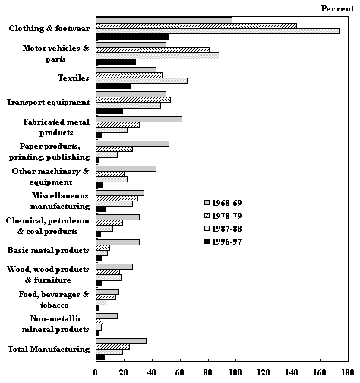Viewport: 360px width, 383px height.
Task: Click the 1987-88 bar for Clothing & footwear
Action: click(x=218, y=31)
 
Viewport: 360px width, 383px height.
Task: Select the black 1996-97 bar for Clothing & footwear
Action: click(x=133, y=36)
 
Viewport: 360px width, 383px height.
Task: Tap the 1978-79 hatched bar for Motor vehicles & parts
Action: click(x=153, y=50)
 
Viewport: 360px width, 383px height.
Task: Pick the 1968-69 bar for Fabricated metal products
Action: click(x=139, y=119)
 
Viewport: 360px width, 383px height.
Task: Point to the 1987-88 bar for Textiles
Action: click(x=142, y=81)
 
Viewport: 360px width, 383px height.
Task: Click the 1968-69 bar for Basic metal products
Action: click(x=118, y=242)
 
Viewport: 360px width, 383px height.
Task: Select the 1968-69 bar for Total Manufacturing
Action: click(x=121, y=341)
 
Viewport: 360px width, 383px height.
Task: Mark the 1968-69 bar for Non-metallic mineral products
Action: click(x=106, y=316)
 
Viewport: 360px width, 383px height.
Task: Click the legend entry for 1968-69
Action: click(x=223, y=203)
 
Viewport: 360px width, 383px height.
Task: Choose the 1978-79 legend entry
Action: click(x=223, y=216)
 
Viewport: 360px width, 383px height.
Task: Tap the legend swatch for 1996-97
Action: click(x=207, y=242)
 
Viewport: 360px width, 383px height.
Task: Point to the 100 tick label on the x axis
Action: click(x=235, y=372)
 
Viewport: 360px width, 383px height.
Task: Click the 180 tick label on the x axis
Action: click(x=348, y=372)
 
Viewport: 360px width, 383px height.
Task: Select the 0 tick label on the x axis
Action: click(x=95, y=372)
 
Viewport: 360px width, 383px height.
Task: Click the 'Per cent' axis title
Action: click(x=337, y=8)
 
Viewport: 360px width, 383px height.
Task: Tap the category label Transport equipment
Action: click(x=48, y=102)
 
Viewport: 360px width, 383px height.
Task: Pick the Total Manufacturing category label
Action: click(x=49, y=349)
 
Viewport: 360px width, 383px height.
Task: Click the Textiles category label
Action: click(x=74, y=78)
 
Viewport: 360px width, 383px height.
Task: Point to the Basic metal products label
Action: click(x=49, y=250)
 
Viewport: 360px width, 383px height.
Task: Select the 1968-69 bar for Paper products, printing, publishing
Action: click(x=133, y=144)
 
